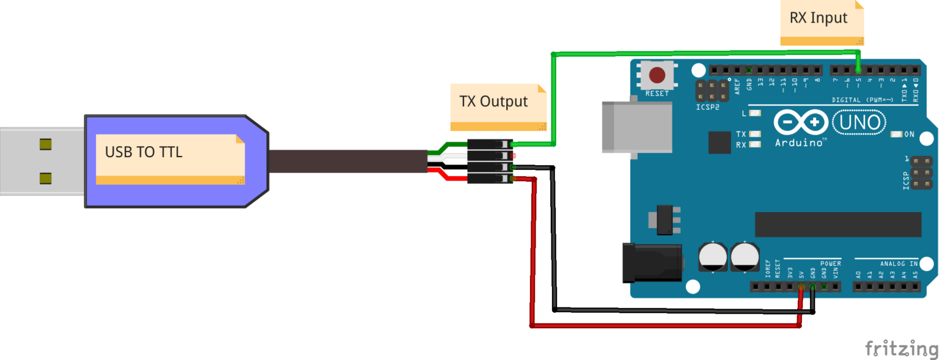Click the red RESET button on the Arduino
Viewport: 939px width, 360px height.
click(657, 75)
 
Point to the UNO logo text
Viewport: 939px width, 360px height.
click(859, 123)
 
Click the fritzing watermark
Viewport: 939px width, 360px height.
click(902, 348)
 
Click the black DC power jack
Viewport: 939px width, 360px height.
click(652, 263)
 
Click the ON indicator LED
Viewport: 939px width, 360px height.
click(897, 134)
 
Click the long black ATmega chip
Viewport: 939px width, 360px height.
click(838, 224)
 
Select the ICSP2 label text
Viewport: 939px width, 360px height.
click(708, 107)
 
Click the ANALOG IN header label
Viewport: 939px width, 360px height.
click(899, 263)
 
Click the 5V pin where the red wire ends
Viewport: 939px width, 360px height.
click(801, 287)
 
